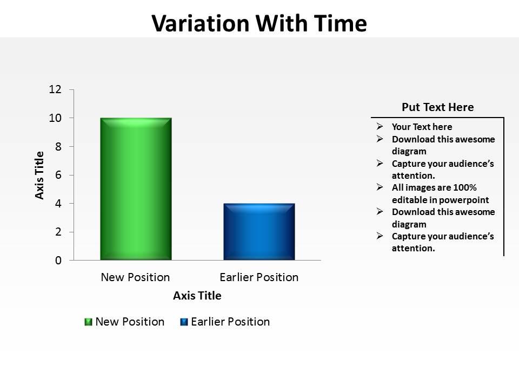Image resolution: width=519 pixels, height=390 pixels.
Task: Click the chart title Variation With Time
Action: tap(259, 23)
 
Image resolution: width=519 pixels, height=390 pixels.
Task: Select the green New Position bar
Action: tap(136, 188)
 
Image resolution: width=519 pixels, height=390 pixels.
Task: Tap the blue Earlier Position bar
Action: tap(259, 231)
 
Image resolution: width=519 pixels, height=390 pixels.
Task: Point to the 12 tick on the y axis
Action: tap(56, 89)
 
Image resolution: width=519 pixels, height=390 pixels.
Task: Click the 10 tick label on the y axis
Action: tap(56, 118)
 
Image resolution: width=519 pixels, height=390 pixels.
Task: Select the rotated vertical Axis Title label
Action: tap(40, 175)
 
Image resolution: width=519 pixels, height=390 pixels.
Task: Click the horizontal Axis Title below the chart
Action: tap(197, 296)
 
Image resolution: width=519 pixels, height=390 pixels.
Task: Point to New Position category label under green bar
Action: tap(135, 277)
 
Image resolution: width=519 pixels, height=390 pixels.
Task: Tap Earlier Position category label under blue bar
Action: tap(259, 277)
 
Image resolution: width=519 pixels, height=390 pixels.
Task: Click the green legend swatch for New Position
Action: tap(88, 322)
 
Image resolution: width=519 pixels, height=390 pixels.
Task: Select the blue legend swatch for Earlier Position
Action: tap(184, 322)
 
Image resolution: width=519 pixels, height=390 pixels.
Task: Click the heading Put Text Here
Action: tap(437, 107)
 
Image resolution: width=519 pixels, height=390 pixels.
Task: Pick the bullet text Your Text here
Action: tap(422, 127)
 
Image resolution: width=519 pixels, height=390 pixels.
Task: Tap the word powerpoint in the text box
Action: tap(465, 200)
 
